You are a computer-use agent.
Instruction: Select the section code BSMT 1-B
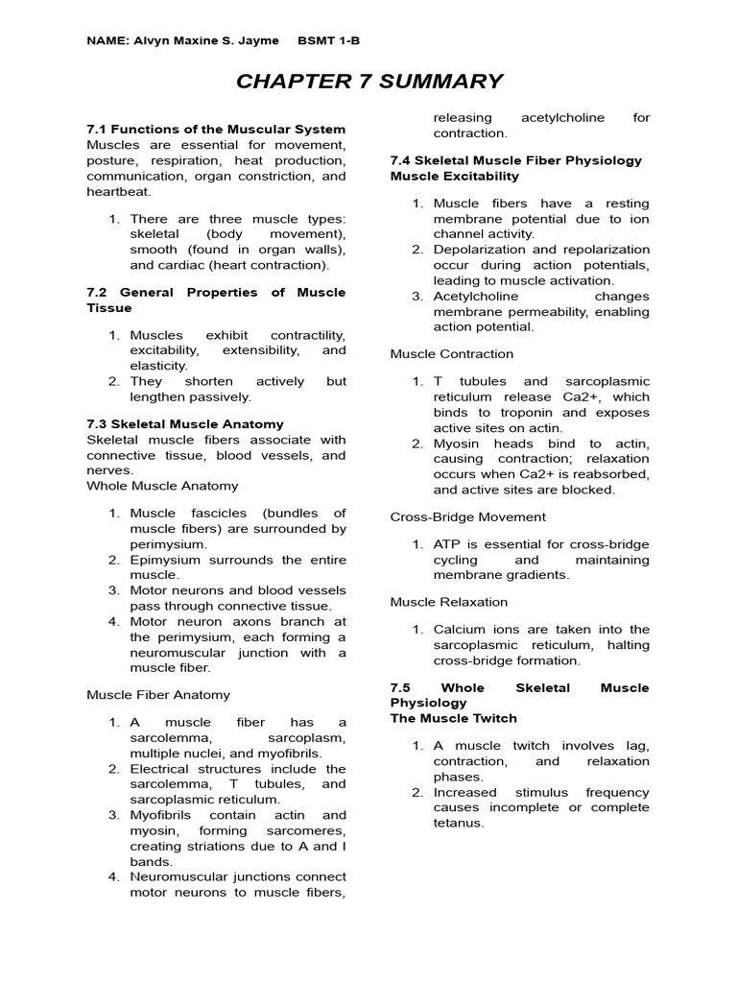(x=329, y=40)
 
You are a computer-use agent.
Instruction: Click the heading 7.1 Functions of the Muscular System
(x=216, y=130)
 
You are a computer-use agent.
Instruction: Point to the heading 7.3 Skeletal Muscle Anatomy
(x=185, y=423)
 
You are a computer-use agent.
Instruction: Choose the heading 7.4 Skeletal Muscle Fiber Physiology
(x=516, y=160)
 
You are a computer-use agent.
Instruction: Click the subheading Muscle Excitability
(x=455, y=177)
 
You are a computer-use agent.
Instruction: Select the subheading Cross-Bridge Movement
(x=468, y=516)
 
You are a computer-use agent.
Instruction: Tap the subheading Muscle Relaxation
(x=449, y=602)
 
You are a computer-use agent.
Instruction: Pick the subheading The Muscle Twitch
(x=454, y=718)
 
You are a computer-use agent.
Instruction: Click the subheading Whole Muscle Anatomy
(x=163, y=486)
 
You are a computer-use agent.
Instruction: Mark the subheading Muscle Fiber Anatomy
(x=158, y=694)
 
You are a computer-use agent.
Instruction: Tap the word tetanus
(x=460, y=823)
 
